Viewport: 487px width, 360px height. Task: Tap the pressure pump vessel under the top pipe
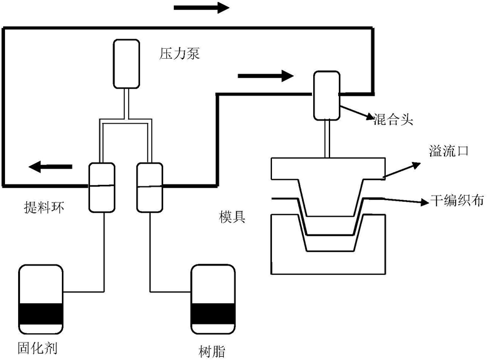click(127, 63)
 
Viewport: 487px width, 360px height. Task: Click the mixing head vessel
click(326, 96)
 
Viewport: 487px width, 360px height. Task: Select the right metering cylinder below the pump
click(149, 186)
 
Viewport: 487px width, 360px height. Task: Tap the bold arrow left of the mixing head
click(265, 76)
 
